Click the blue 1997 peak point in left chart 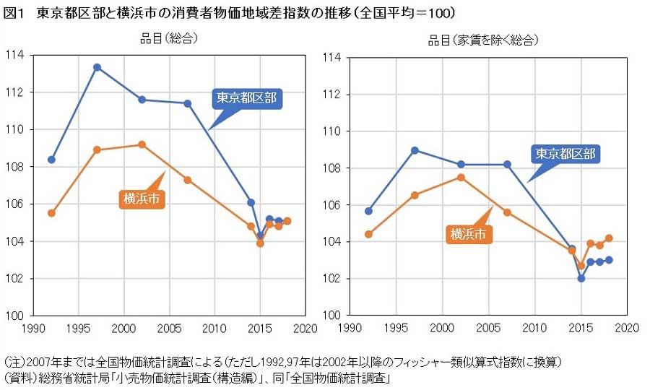[97, 67]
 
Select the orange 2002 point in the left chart [142, 144]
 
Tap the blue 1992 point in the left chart [51, 159]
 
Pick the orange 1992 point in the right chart [368, 234]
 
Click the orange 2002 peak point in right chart [461, 177]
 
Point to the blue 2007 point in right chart [507, 164]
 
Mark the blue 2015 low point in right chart [581, 278]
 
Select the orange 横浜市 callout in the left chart [142, 199]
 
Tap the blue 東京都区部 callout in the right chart [565, 154]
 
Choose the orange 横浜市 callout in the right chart [469, 234]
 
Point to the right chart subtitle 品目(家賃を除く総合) [483, 40]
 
